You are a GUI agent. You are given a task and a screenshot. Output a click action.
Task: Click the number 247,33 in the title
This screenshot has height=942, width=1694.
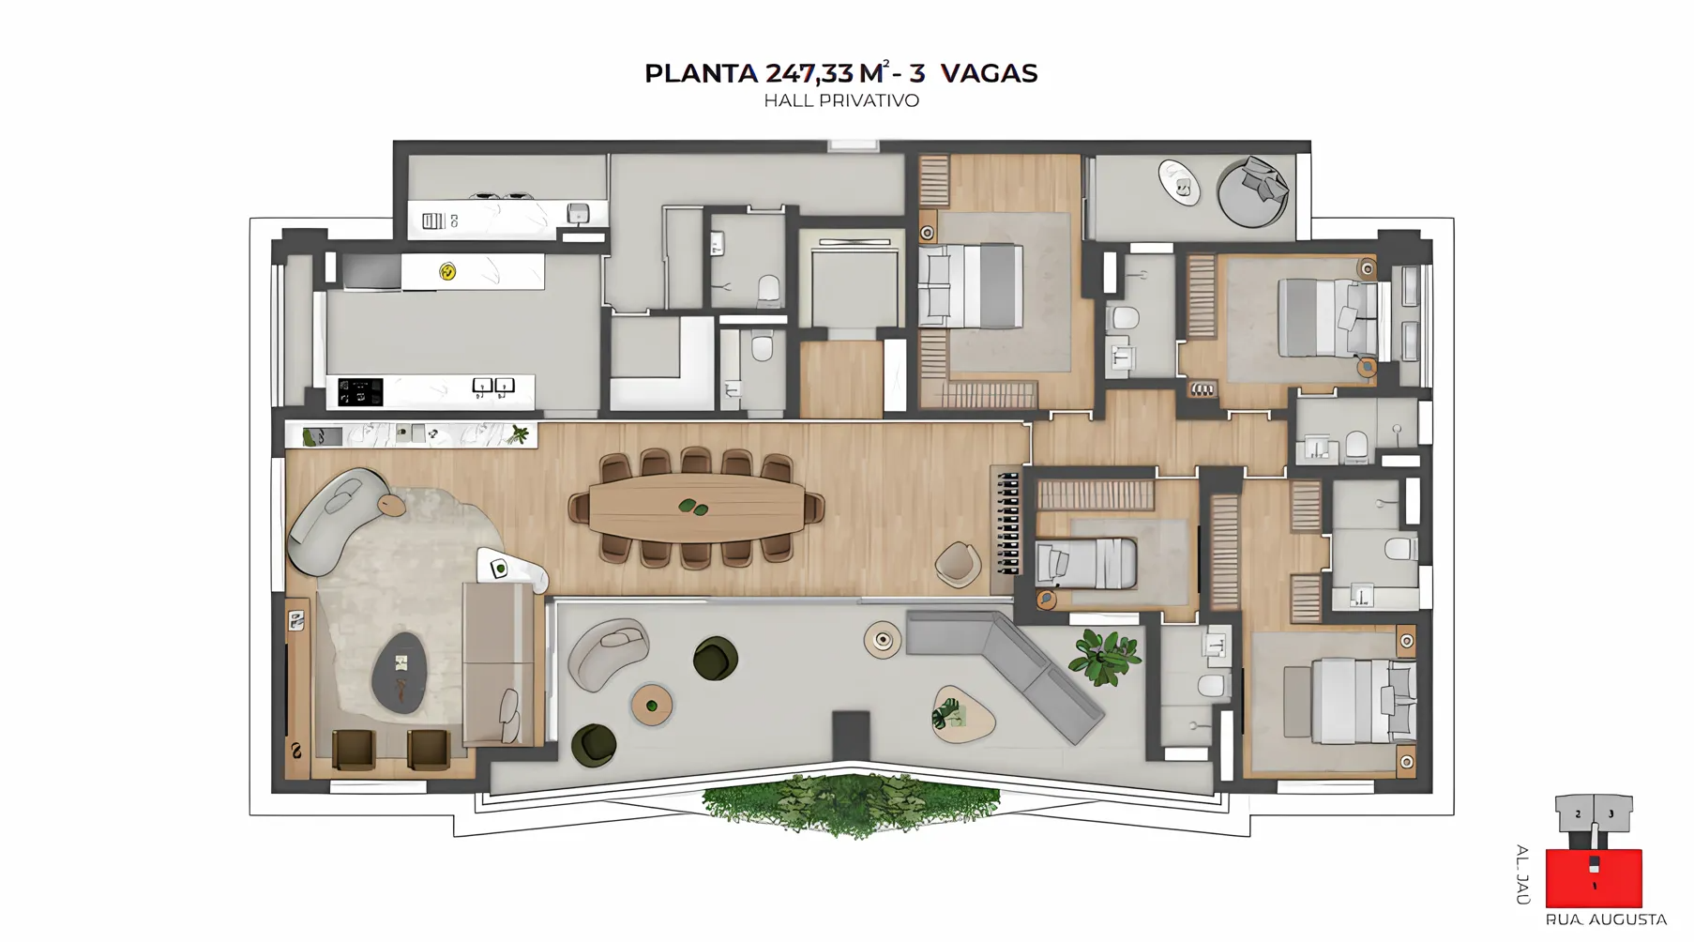[809, 73]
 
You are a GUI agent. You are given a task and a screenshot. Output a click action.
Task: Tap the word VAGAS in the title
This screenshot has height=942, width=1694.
[989, 73]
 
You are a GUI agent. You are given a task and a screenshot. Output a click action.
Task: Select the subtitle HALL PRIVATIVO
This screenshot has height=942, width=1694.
[840, 100]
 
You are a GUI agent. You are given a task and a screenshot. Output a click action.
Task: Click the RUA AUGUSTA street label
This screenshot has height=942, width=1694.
[1605, 919]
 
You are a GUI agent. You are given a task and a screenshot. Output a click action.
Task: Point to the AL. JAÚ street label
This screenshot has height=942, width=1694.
[1522, 874]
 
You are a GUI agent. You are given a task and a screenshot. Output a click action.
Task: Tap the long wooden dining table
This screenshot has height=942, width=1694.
[696, 509]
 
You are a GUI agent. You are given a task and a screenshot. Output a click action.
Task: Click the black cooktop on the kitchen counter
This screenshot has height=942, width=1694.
[360, 391]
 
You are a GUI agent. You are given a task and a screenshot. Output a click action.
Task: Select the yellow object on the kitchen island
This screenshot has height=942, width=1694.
[447, 272]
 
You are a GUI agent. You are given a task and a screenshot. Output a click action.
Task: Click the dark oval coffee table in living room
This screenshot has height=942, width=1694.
[400, 672]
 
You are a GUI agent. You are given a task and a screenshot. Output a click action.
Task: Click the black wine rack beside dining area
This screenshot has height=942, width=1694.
[1006, 523]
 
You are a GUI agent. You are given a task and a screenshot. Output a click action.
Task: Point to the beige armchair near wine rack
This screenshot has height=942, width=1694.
[957, 564]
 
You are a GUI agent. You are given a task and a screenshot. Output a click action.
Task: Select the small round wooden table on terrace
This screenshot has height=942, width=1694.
[651, 705]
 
